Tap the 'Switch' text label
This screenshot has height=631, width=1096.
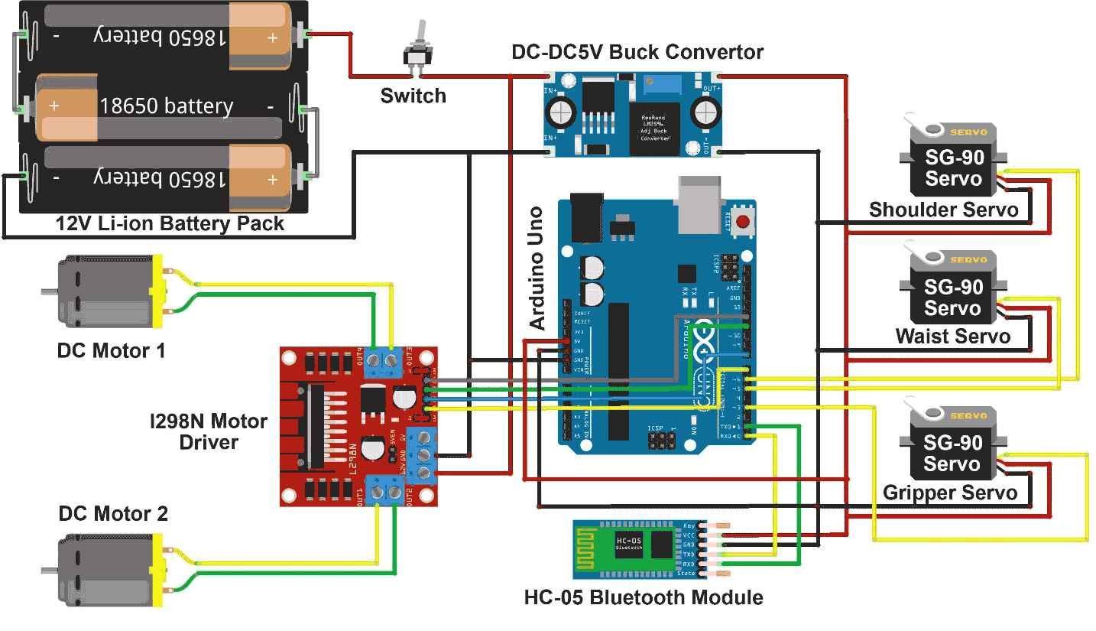(413, 96)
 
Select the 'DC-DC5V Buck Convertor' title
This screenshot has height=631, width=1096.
(637, 52)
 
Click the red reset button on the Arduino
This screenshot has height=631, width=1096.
(742, 220)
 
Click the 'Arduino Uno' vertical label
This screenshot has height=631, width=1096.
(538, 268)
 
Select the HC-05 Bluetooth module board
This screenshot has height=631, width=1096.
(634, 546)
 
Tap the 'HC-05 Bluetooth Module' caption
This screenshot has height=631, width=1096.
(644, 597)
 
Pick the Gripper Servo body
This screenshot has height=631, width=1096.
(952, 453)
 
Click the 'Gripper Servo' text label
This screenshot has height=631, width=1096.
(950, 493)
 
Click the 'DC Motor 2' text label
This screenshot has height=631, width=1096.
(113, 514)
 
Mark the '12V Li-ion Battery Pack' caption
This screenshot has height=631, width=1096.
(170, 224)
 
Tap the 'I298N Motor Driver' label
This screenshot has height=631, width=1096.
(208, 431)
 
